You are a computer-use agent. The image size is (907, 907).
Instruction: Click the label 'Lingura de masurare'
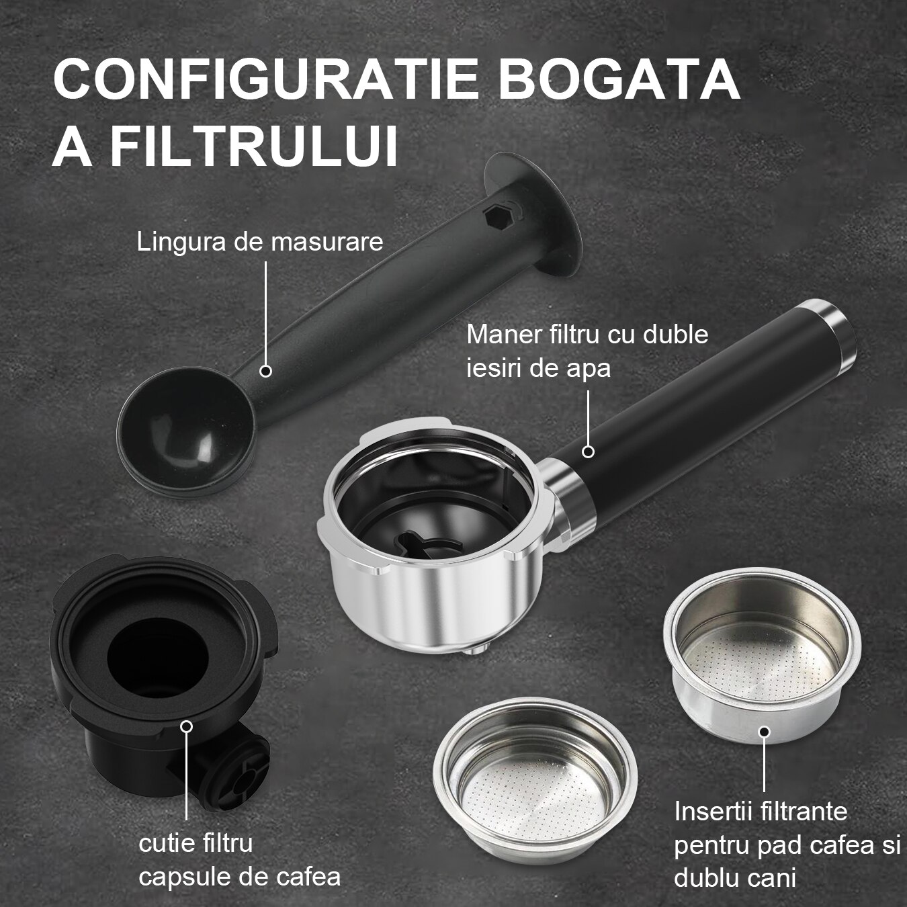260,242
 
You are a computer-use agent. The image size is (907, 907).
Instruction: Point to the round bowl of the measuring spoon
186,431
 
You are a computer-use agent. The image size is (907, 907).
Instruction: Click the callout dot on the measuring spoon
266,371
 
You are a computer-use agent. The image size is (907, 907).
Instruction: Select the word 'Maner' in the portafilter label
499,335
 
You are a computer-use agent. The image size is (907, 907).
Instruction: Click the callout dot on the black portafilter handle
588,452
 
